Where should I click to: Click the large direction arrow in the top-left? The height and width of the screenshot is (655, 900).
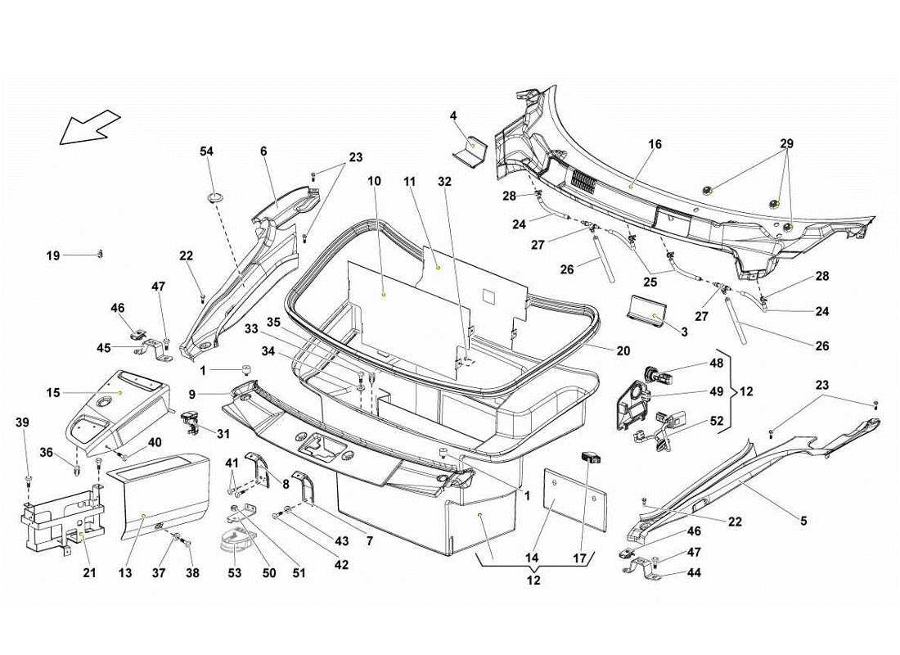(88, 127)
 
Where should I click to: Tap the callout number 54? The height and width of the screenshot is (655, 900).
(207, 151)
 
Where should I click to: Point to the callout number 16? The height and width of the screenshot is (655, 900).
(655, 145)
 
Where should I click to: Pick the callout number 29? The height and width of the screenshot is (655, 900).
(786, 144)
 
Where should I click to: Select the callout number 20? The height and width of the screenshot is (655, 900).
(623, 351)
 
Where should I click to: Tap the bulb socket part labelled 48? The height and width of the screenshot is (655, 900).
(659, 378)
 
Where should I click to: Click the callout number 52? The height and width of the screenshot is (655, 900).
(717, 422)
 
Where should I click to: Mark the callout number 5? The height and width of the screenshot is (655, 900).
(803, 521)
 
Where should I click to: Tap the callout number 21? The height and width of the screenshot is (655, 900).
(89, 574)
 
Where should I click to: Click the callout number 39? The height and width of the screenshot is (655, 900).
(22, 422)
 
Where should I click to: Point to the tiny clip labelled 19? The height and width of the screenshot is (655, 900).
(100, 253)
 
